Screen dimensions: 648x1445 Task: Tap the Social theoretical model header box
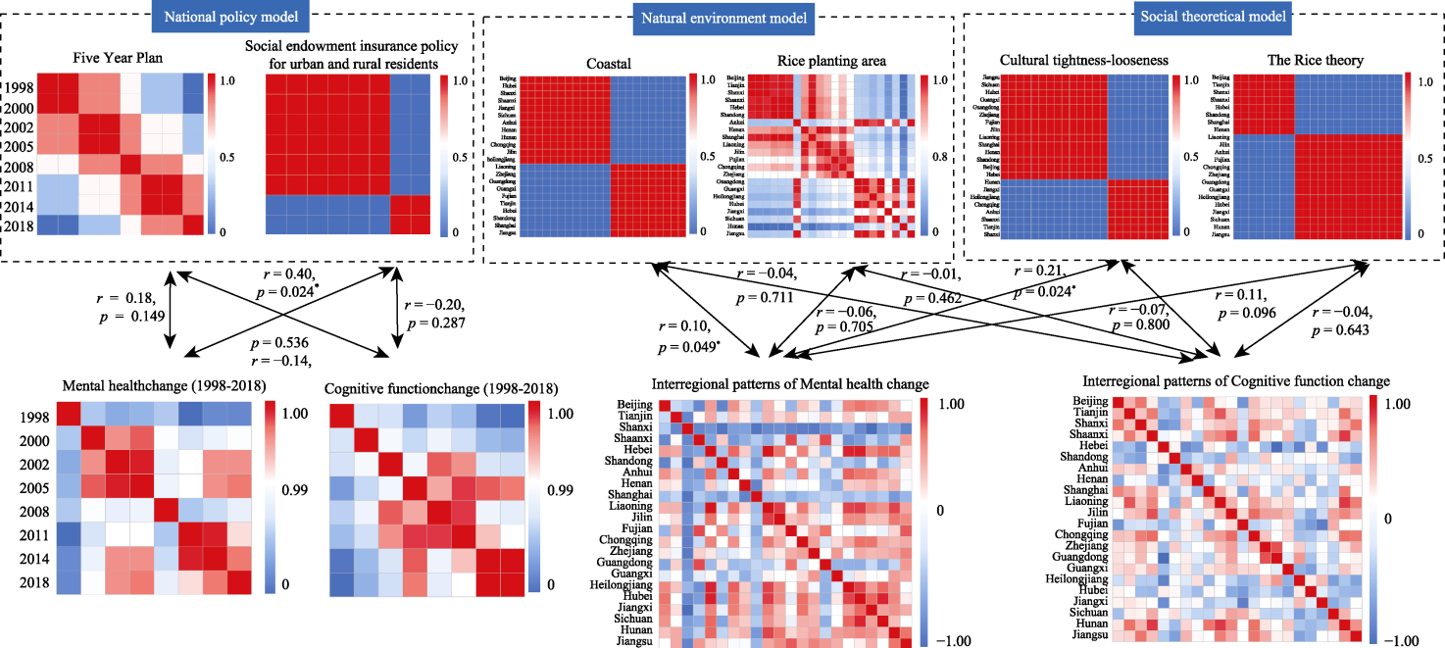pyautogui.click(x=1210, y=17)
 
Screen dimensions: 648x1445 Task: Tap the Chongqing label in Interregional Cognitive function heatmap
pyautogui.click(x=1080, y=534)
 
